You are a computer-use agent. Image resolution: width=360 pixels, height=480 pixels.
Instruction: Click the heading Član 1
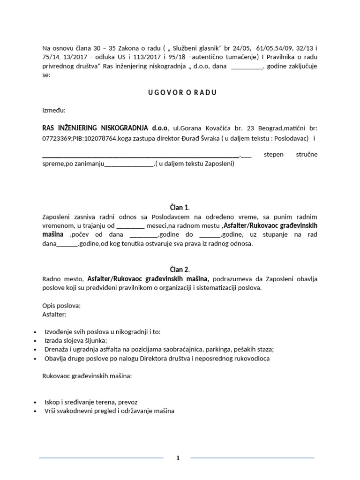(180, 207)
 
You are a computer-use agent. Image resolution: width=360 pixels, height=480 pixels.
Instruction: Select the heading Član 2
(180, 269)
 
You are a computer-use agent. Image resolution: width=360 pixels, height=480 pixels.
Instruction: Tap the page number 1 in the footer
(178, 458)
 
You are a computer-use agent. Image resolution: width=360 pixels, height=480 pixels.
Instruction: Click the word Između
(54, 111)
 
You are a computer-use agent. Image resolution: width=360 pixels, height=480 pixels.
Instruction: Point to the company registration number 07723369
(56, 138)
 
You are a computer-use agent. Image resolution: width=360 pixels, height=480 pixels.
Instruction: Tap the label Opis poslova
(61, 306)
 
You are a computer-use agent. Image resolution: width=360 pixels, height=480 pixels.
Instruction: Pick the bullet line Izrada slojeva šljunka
(76, 341)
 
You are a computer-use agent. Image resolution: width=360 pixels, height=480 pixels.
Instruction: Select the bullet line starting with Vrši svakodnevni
(109, 411)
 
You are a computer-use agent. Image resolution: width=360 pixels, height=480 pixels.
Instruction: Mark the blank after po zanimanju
(128, 165)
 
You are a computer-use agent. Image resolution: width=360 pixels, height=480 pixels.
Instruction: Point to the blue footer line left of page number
(101, 457)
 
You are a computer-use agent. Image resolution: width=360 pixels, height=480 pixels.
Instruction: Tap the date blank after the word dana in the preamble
(247, 66)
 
